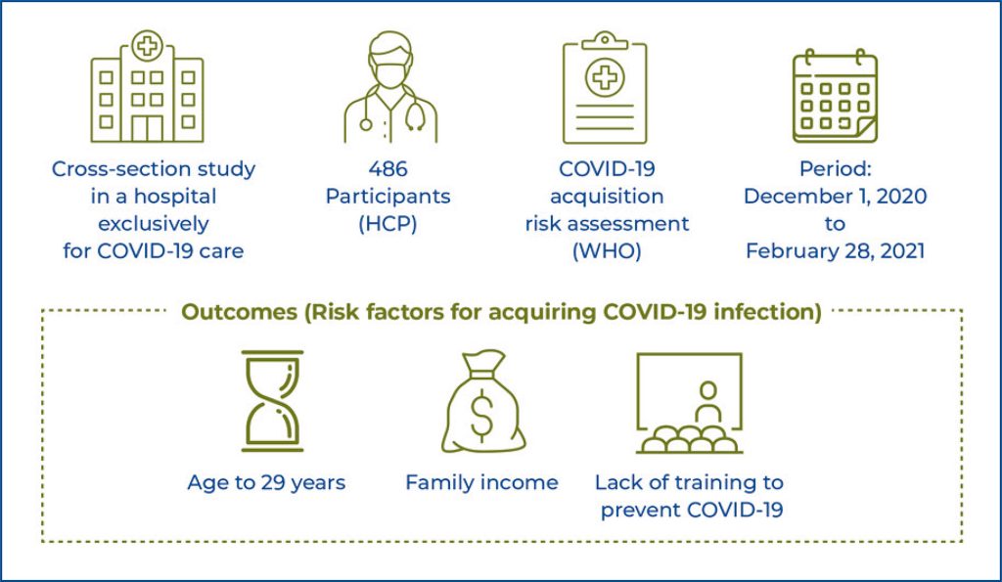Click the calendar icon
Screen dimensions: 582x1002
click(834, 96)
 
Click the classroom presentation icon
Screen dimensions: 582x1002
click(689, 403)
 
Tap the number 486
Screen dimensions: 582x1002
click(388, 168)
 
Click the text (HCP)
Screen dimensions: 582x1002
click(388, 223)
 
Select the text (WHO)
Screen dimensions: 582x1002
click(606, 250)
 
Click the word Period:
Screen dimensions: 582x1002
click(835, 168)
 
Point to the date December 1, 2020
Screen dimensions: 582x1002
click(835, 196)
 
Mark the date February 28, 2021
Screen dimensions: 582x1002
click(835, 250)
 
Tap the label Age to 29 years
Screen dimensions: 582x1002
click(266, 482)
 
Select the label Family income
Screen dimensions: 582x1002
click(481, 482)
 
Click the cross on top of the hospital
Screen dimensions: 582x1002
click(147, 45)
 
